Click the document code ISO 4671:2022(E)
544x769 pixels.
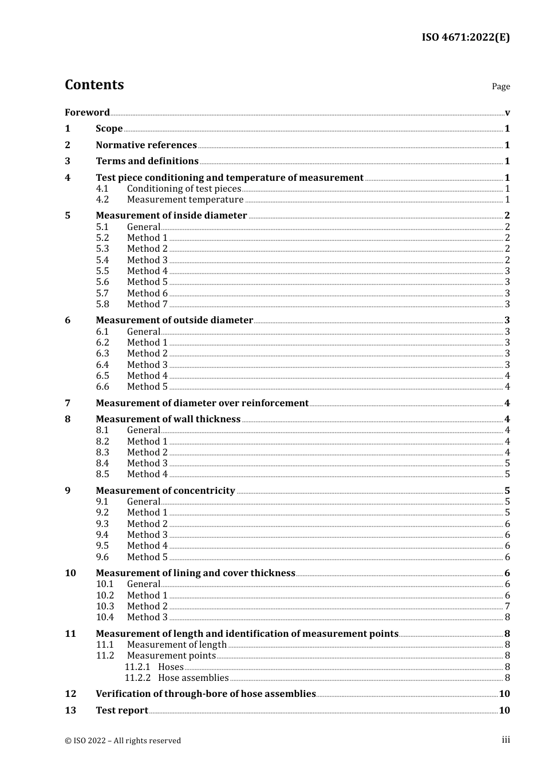coord(466,38)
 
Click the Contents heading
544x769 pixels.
coord(94,85)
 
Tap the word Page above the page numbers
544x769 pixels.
coord(500,86)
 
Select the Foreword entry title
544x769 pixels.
coord(87,112)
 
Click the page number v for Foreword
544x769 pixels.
coord(507,113)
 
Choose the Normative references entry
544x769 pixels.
coord(146,145)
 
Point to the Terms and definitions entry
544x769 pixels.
coord(147,161)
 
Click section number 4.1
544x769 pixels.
coord(103,189)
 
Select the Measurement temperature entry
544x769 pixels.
coord(185,200)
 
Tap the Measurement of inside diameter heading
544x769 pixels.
coord(171,216)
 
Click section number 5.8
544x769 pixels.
coord(103,304)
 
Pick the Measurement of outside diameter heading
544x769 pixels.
coord(174,320)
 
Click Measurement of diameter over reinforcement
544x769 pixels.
coord(202,403)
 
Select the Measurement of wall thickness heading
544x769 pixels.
coord(168,419)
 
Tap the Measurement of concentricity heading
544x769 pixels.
coord(165,491)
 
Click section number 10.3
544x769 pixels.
coord(105,607)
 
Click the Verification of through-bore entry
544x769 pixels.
coord(206,694)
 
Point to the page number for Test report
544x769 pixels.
coord(504,711)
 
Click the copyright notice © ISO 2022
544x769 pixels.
coord(123,740)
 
